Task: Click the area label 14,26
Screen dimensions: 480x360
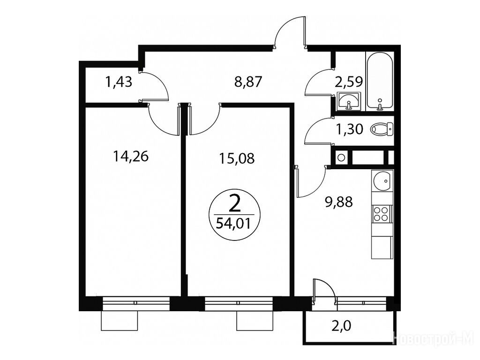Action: click(x=131, y=157)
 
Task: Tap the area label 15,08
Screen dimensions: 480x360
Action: click(x=237, y=158)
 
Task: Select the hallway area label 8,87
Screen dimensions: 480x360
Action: click(x=248, y=82)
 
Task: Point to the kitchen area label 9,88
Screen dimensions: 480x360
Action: click(x=339, y=202)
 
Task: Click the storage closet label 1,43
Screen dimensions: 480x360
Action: click(x=119, y=82)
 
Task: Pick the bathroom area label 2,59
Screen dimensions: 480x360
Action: click(x=349, y=82)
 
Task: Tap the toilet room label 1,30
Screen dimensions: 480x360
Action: click(x=350, y=129)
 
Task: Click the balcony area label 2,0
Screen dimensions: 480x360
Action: click(x=341, y=326)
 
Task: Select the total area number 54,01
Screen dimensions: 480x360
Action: click(x=233, y=223)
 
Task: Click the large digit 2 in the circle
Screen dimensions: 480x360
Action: click(x=234, y=204)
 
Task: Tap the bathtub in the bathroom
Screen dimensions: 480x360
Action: click(x=380, y=81)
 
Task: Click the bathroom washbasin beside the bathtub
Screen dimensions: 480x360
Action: click(x=349, y=101)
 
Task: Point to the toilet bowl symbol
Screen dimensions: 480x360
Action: click(x=382, y=129)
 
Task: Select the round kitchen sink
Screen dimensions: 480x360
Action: click(x=382, y=180)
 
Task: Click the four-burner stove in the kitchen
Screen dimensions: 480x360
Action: click(x=382, y=214)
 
